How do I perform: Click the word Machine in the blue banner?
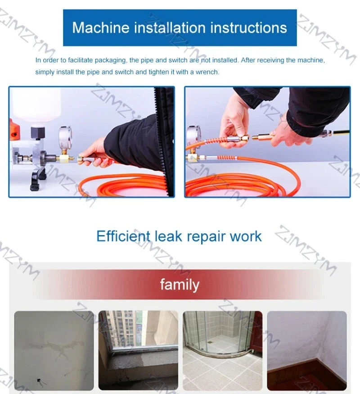pos(101,27)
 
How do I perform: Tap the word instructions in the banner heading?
pos(248,27)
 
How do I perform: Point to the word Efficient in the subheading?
pos(123,236)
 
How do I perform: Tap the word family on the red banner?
pos(180,285)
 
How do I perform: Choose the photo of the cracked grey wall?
pos(54,350)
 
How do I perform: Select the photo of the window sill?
pos(138,350)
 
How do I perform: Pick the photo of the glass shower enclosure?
pos(222,350)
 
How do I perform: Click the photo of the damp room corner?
pos(307,350)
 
